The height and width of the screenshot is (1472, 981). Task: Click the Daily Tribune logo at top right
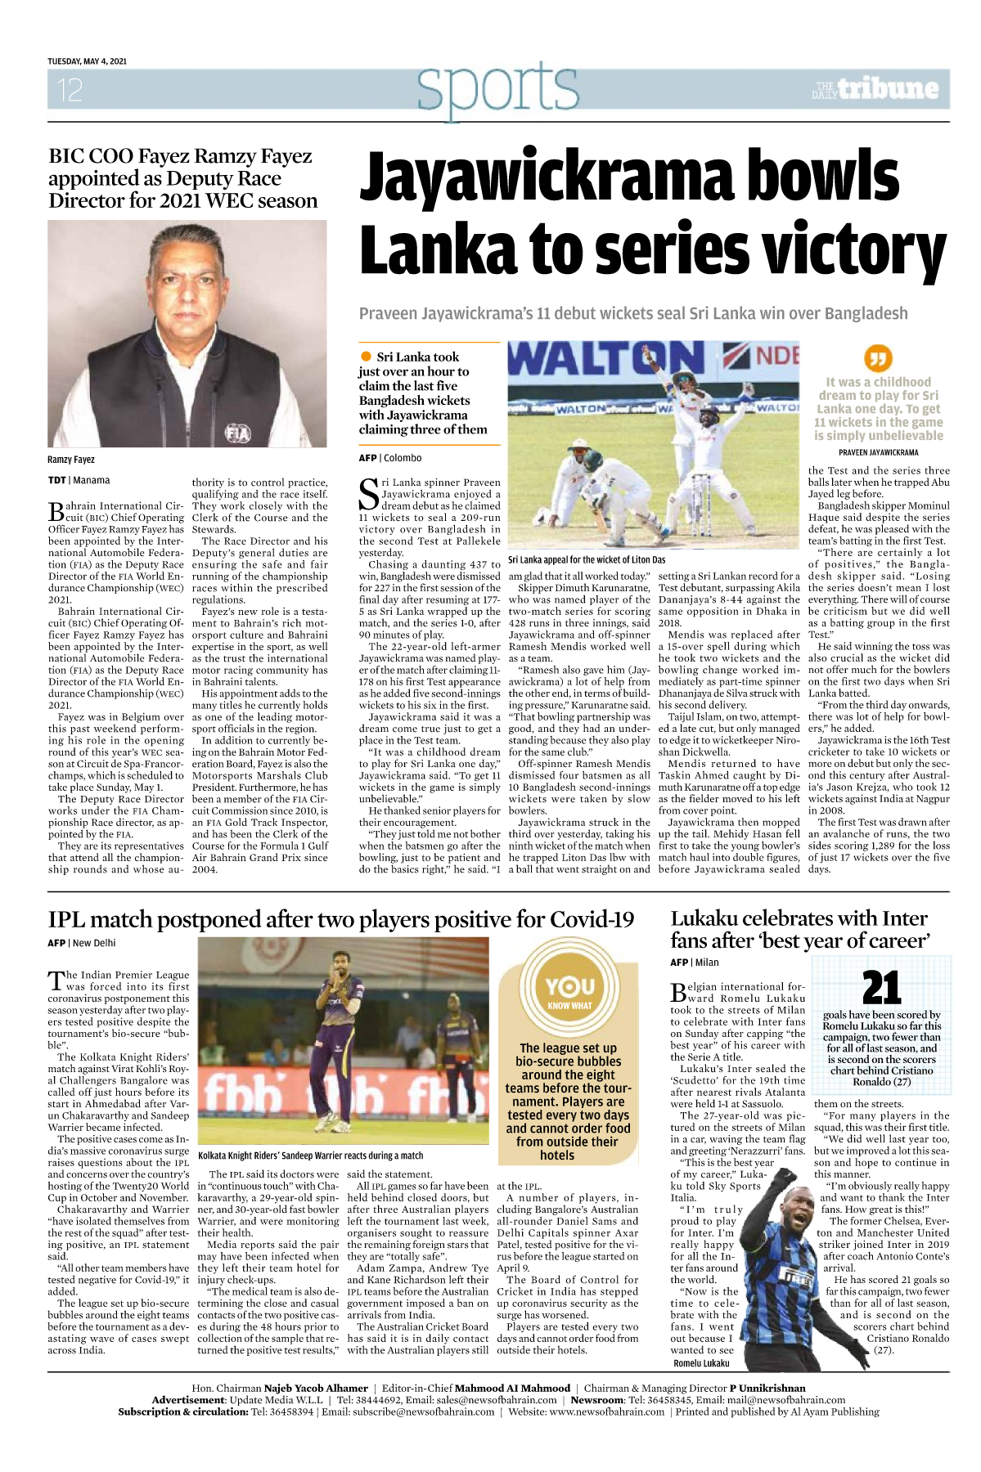point(875,89)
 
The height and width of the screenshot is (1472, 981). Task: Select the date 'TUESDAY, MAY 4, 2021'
point(87,61)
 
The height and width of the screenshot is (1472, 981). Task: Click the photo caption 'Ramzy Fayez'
point(71,460)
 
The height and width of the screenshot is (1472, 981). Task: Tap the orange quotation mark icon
point(878,358)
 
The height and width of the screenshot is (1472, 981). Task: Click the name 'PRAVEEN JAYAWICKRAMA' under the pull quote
point(878,452)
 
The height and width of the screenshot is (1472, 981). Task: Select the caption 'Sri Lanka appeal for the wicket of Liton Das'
point(587,560)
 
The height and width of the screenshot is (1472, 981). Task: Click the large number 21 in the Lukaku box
point(881,988)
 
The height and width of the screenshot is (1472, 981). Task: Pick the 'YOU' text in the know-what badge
point(569,986)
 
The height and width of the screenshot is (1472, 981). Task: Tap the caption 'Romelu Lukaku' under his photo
point(701,1363)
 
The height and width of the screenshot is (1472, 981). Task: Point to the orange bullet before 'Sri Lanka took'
point(366,357)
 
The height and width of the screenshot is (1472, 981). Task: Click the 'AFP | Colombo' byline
point(390,458)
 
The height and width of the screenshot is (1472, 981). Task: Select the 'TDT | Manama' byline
point(79,481)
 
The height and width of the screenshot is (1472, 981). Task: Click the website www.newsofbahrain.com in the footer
point(606,1411)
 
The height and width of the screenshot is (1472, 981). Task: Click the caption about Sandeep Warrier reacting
point(311,1156)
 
